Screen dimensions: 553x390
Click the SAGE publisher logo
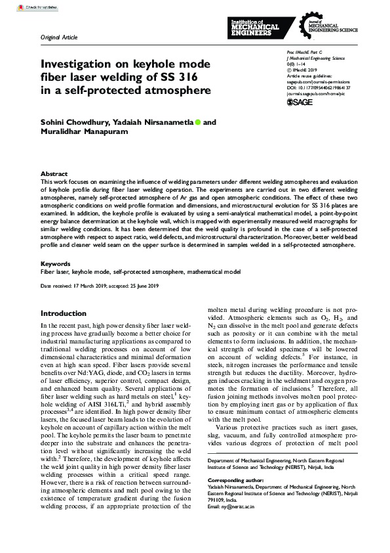[300, 103]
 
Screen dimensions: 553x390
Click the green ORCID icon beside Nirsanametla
[198, 122]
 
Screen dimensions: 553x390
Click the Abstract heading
[54, 173]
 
